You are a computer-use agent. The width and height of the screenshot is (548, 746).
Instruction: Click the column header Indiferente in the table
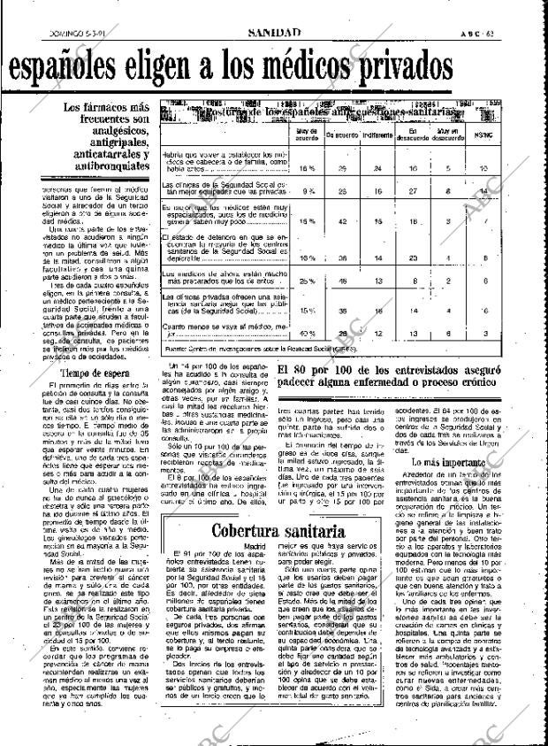pyautogui.click(x=377, y=135)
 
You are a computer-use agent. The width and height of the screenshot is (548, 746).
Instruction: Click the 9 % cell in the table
pyautogui.click(x=309, y=190)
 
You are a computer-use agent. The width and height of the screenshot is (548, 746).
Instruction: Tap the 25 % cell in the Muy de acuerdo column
pyautogui.click(x=308, y=281)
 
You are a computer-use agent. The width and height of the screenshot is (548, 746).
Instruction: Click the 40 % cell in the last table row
pyautogui.click(x=308, y=333)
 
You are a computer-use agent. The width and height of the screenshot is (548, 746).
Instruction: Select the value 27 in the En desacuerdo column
pyautogui.click(x=411, y=190)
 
